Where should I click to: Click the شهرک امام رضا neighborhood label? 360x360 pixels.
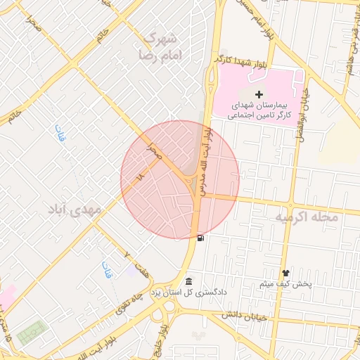(x=161, y=45)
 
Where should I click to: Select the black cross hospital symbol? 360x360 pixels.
(x=259, y=94)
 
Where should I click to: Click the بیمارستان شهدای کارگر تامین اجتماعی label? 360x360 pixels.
(x=259, y=108)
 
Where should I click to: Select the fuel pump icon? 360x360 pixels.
(x=202, y=238)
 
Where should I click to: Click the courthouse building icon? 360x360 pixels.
(x=188, y=281)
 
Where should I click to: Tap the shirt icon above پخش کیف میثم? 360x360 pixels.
(x=285, y=273)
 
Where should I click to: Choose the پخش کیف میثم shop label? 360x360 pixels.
(x=285, y=284)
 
